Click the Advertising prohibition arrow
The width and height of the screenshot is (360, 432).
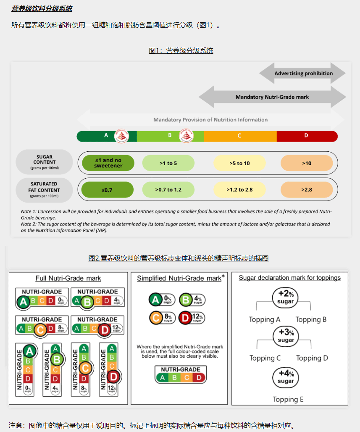(x=303, y=73)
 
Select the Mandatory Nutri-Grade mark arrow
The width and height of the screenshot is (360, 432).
(x=272, y=97)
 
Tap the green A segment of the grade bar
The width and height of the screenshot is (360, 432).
(x=106, y=136)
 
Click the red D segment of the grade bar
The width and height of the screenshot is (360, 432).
(x=307, y=136)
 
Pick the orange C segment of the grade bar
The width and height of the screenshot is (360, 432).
(x=239, y=136)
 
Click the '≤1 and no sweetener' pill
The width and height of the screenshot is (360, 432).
(x=108, y=163)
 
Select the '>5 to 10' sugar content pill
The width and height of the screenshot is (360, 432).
(x=239, y=163)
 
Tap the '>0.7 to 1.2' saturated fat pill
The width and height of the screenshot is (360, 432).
(x=168, y=190)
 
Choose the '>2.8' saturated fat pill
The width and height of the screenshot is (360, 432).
(x=306, y=190)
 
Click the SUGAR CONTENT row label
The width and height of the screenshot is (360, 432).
(x=44, y=162)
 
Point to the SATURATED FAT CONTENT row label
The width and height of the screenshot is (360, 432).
(x=44, y=190)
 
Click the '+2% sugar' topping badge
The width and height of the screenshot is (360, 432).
(x=286, y=297)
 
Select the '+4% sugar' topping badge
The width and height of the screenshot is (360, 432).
(x=286, y=377)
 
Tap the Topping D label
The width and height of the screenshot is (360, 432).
(x=312, y=358)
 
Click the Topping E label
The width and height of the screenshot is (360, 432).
(x=288, y=399)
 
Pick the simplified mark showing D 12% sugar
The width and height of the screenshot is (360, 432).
(x=192, y=318)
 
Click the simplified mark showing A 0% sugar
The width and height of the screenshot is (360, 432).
(x=161, y=300)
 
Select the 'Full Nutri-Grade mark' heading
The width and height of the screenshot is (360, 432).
(x=68, y=278)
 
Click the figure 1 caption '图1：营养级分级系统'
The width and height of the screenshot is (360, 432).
(x=181, y=51)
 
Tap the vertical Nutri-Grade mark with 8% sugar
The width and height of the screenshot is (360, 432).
(x=84, y=369)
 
